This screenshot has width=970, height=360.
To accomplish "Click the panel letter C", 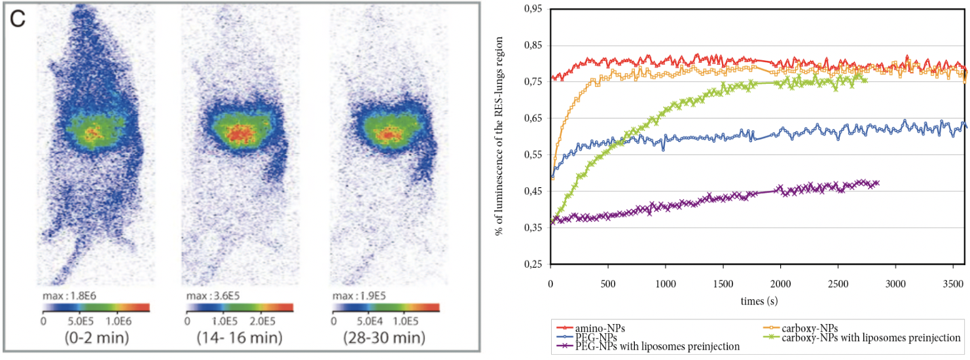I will coord(18,19).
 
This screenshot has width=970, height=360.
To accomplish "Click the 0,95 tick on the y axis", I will coord(535,9).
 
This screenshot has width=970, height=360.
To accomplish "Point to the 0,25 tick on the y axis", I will coord(535,264).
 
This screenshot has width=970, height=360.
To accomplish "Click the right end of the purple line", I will coord(877,183).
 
